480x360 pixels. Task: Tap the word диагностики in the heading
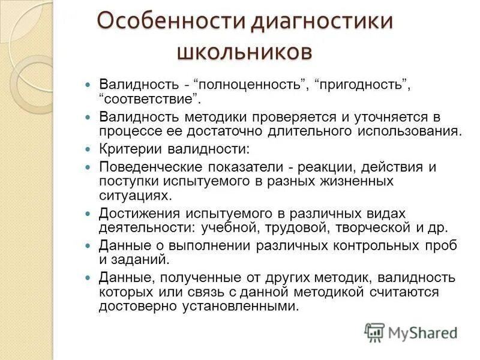point(321,22)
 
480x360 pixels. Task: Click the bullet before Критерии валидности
point(88,148)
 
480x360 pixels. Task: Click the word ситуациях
point(135,195)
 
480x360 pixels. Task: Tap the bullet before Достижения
point(88,214)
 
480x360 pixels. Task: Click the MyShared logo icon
point(374,332)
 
